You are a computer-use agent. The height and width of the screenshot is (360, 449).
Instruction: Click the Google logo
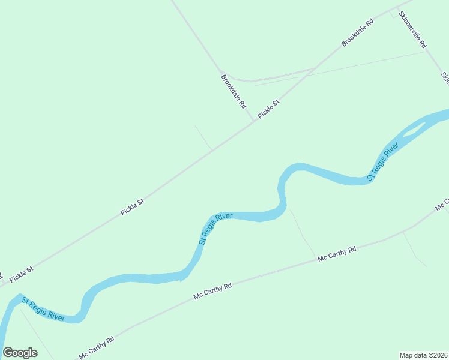coord(20,353)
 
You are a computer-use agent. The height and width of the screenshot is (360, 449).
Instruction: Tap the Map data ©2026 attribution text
coord(423,355)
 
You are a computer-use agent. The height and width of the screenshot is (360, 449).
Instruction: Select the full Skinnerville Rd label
coord(412,32)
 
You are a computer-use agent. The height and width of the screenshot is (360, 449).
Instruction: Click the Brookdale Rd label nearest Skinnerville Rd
coord(357,33)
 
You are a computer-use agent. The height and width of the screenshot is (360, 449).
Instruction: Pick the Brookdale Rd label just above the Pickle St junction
coord(234,91)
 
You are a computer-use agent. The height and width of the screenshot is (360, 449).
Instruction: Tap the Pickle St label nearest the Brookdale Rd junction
coord(268,109)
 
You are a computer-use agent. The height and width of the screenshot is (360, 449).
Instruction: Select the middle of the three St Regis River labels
coord(215,229)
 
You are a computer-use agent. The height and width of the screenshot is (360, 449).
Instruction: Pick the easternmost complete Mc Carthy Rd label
coord(337,254)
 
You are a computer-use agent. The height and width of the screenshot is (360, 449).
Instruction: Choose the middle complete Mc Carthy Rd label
coord(212,292)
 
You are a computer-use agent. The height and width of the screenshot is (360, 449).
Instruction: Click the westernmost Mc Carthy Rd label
coord(96,349)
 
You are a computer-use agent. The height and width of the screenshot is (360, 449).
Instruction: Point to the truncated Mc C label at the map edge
coord(442,205)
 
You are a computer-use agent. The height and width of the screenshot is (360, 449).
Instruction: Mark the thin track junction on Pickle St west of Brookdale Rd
coord(212,149)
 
